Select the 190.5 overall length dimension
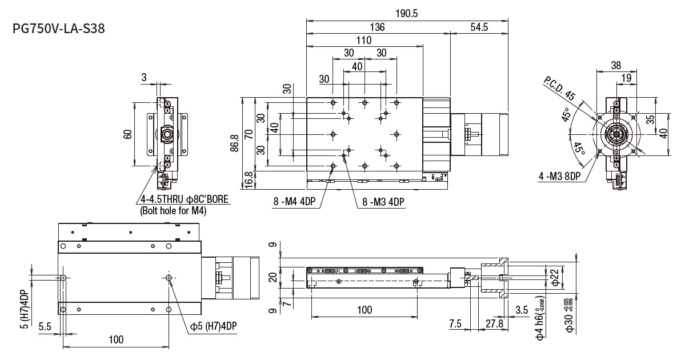click(x=406, y=13)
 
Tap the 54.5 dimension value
click(x=479, y=27)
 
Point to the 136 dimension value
click(x=377, y=27)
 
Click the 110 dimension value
click(x=363, y=40)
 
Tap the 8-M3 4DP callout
click(x=383, y=201)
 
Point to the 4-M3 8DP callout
click(x=559, y=177)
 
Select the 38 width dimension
click(x=615, y=65)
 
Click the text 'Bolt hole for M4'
click(x=173, y=211)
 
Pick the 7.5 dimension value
click(x=455, y=323)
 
